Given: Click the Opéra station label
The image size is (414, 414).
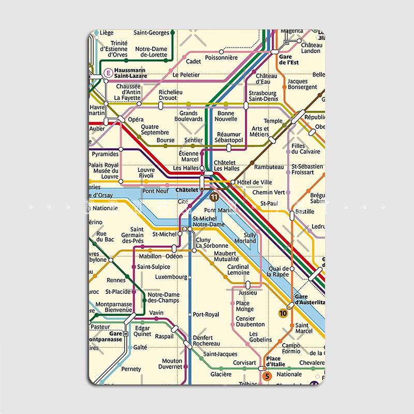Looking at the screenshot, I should [x=136, y=120].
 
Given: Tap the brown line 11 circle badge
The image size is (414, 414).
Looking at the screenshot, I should [x=214, y=197].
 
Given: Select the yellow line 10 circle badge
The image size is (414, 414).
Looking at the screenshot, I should [x=283, y=313].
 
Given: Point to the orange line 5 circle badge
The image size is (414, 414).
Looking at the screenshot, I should [x=267, y=376].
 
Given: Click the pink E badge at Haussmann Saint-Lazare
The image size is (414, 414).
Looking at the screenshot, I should [x=108, y=73].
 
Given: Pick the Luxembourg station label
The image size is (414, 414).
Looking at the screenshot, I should [x=171, y=277].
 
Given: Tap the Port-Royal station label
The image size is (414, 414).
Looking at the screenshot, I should [x=205, y=315].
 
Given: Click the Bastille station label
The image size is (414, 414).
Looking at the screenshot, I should [x=304, y=212].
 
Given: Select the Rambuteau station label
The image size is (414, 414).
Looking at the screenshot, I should [x=269, y=167].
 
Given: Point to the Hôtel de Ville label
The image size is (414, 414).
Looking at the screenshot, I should [x=255, y=182].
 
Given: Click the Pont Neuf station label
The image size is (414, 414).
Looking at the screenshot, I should [x=155, y=191].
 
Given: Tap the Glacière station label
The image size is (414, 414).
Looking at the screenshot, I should [x=221, y=374].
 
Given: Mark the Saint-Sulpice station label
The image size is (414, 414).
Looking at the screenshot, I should [x=154, y=267].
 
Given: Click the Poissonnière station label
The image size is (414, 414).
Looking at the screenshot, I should [x=221, y=58].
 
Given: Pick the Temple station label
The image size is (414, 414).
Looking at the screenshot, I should [x=273, y=121].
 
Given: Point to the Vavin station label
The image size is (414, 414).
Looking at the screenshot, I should [x=156, y=313].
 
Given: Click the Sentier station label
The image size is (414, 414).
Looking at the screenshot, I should [x=194, y=140].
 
